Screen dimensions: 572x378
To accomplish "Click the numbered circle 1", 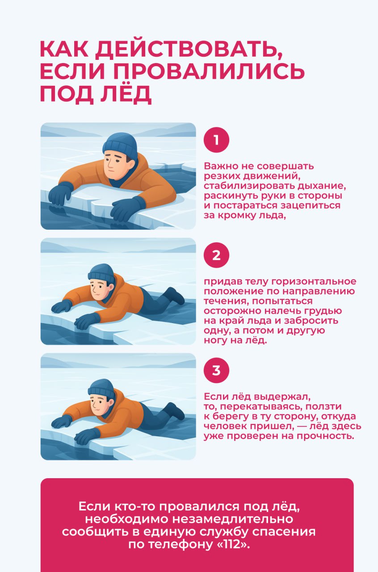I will [216, 140].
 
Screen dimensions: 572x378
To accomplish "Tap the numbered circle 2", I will [216, 256].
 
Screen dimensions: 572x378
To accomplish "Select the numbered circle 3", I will [216, 371].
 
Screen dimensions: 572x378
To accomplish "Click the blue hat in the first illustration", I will [120, 145].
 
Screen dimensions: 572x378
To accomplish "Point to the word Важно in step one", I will [220, 166].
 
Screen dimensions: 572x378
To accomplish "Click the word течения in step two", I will [221, 302].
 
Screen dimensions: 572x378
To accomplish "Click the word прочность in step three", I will [329, 436].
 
